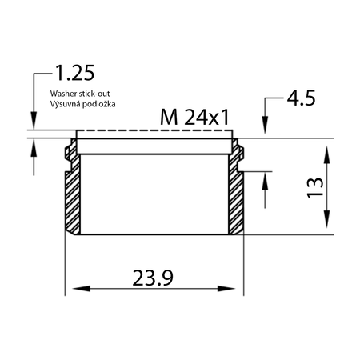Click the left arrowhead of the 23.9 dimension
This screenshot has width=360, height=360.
(x=78, y=289)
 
